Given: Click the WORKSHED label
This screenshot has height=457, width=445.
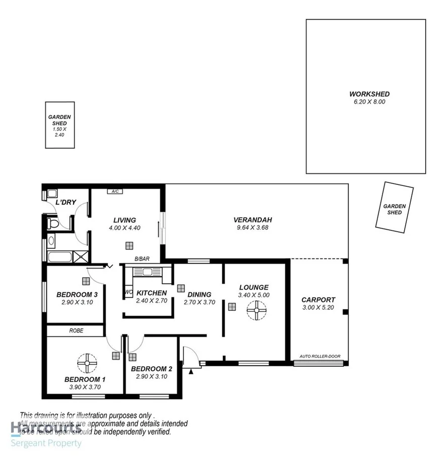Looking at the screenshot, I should tap(369, 94).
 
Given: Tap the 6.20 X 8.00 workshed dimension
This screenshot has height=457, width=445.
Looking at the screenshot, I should tap(369, 102).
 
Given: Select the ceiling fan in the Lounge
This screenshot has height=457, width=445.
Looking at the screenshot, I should tap(257, 310).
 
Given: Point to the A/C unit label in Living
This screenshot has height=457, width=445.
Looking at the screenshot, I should tap(115, 191).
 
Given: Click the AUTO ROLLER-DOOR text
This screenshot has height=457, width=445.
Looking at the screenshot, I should tap(320, 357).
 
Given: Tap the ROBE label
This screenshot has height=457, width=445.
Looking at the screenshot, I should tap(77, 331).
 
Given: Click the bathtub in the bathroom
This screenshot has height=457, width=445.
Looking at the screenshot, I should tap(59, 256).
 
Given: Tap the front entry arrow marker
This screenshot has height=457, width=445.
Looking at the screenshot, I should tap(192, 371).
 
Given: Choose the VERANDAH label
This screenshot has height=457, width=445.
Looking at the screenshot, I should tap(252, 220).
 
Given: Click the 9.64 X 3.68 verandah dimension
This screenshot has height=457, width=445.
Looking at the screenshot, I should tap(252, 228).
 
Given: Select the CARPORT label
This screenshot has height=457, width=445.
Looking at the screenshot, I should tap(317, 300).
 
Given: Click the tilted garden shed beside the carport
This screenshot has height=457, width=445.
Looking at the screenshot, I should tap(394, 208).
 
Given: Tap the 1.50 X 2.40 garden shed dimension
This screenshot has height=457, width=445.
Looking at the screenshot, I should tap(59, 132).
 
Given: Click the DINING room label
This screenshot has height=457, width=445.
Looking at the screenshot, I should tap(199, 295).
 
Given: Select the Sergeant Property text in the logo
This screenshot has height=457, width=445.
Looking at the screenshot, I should tap(46, 443).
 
